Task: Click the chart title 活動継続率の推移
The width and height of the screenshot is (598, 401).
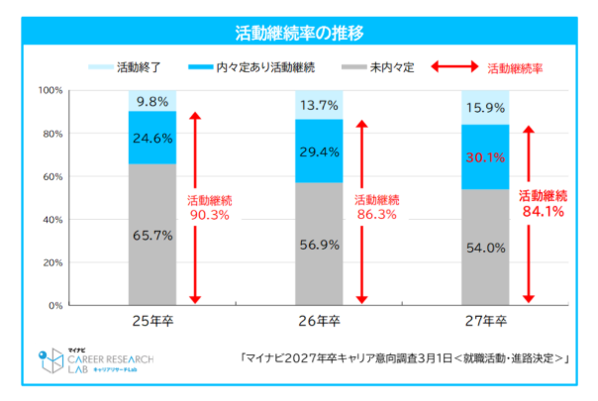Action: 298,33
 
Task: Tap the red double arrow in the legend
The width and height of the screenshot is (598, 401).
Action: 457,68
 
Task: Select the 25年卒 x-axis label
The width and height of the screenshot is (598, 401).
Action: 152,322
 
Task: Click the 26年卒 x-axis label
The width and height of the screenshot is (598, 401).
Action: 319,322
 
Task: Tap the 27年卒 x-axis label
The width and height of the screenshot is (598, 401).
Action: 485,322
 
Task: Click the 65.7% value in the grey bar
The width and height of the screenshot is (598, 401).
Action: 152,235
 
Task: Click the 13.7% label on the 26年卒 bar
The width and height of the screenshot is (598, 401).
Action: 319,104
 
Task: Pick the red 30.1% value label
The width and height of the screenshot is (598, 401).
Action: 485,156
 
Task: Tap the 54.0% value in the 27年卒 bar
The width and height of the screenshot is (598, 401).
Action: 485,247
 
